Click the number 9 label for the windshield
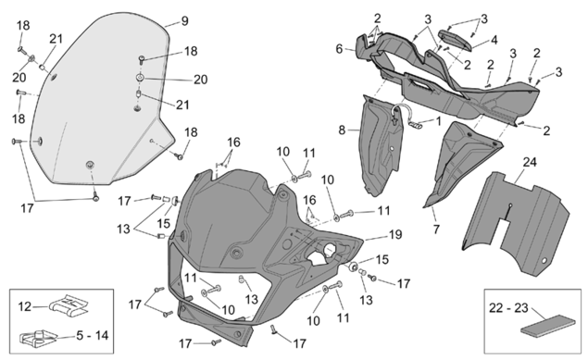coord(184,21)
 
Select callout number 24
coord(530,162)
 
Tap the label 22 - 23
coord(508,308)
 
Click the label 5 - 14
coord(93,335)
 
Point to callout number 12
coord(25,307)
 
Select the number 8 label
coord(342,130)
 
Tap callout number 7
coord(436,229)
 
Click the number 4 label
coord(494,40)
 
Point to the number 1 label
coord(438,121)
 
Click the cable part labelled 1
coord(404,116)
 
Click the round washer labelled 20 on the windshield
coord(141,78)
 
